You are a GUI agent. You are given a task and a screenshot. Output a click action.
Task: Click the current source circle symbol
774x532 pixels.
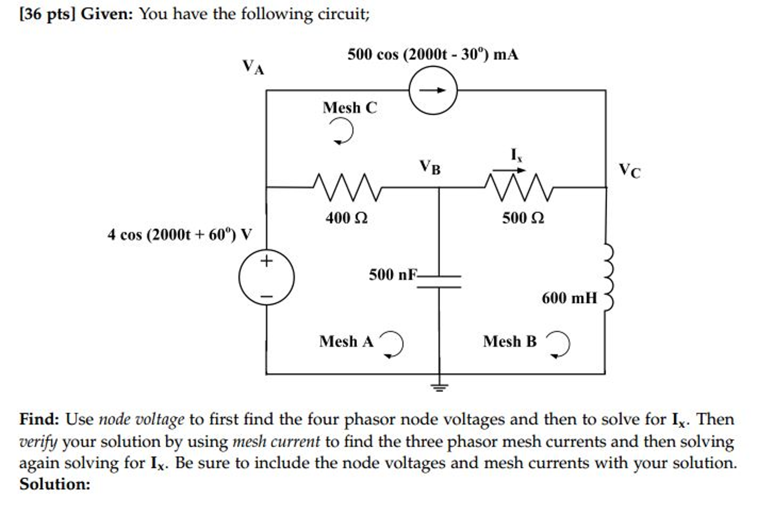[433, 90]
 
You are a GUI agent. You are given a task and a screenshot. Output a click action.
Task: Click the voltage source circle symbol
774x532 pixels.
[266, 277]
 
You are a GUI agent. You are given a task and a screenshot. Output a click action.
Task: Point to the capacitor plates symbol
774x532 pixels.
[439, 282]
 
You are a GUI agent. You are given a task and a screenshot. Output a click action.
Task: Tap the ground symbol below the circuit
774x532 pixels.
[439, 386]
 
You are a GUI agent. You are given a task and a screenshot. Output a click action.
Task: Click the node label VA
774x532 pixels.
[253, 67]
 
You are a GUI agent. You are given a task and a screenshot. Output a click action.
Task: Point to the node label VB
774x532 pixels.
[430, 167]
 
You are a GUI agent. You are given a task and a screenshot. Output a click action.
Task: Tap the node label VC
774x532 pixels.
[629, 170]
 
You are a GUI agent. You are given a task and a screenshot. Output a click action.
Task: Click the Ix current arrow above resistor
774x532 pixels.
[509, 170]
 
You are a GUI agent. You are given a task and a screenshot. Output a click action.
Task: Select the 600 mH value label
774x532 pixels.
[569, 298]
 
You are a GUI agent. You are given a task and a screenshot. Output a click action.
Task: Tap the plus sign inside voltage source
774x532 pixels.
[266, 261]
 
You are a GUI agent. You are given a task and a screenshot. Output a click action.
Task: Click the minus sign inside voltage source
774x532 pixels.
[266, 296]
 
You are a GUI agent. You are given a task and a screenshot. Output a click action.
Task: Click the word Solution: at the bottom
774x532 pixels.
[55, 484]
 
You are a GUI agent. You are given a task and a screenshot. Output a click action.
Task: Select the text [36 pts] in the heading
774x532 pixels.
[48, 14]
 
